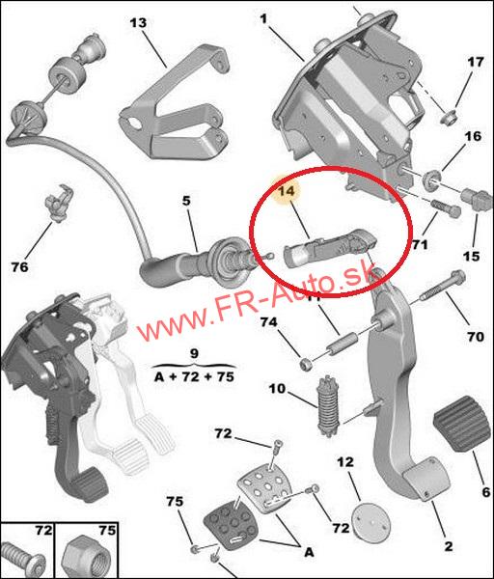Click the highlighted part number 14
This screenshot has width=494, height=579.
click(287, 191)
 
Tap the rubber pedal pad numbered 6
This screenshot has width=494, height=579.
click(462, 424)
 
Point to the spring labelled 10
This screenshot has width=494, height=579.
click(328, 406)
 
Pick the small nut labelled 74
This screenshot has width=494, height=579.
click(306, 364)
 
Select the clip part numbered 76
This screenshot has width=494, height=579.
click(57, 204)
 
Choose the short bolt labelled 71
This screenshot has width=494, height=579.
click(446, 208)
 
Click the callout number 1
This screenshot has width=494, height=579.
click(263, 18)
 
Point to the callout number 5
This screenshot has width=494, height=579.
click(186, 202)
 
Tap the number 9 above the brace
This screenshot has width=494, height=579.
click(194, 353)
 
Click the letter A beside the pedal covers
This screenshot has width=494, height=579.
click(309, 552)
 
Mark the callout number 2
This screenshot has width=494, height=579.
click(448, 546)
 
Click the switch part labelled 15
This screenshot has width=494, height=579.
click(477, 200)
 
